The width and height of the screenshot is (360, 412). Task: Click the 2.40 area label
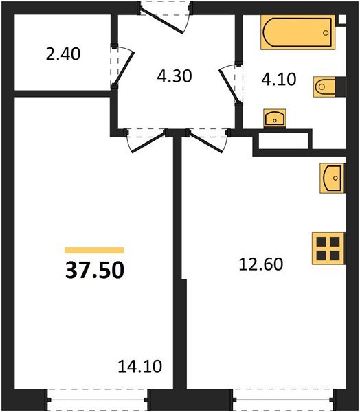[x=64, y=53]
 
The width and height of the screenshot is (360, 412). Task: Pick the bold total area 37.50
[x=95, y=271]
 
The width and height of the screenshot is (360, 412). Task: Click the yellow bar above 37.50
[x=95, y=251]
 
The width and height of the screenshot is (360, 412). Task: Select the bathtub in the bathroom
[x=296, y=34]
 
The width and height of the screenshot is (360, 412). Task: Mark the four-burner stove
[x=327, y=247]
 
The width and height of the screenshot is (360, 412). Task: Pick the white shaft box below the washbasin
[x=282, y=141]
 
